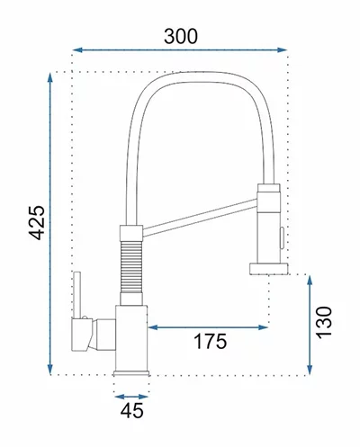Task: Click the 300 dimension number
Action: pyautogui.click(x=181, y=36)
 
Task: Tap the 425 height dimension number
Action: pyautogui.click(x=37, y=223)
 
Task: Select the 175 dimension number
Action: pyautogui.click(x=211, y=341)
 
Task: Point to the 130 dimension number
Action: pyautogui.click(x=324, y=323)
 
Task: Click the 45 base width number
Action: pyautogui.click(x=132, y=410)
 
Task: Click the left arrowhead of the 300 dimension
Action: pyautogui.click(x=77, y=49)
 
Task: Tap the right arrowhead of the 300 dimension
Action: pyautogui.click(x=283, y=49)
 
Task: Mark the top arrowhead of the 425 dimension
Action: pyautogui.click(x=50, y=77)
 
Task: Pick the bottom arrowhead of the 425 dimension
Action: pyautogui.click(x=50, y=370)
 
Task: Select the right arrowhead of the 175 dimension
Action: pyautogui.click(x=263, y=327)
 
